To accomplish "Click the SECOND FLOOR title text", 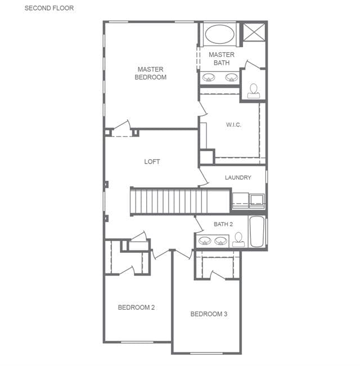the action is pyautogui.click(x=49, y=8).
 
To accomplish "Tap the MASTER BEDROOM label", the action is pyautogui.click(x=151, y=73).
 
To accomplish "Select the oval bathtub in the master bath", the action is pyautogui.click(x=220, y=34).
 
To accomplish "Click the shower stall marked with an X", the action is pyautogui.click(x=254, y=32).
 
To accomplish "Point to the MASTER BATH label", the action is pyautogui.click(x=222, y=59).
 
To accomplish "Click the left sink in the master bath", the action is pyautogui.click(x=209, y=77).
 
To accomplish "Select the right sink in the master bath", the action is pyautogui.click(x=231, y=77).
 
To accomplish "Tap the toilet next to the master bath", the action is pyautogui.click(x=254, y=91).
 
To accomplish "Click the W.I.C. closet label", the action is pyautogui.click(x=233, y=125).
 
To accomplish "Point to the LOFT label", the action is pyautogui.click(x=152, y=161).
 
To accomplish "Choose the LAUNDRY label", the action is pyautogui.click(x=238, y=178).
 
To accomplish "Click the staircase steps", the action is pyautogui.click(x=169, y=201).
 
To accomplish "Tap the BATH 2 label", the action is pyautogui.click(x=223, y=224).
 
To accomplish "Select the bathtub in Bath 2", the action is pyautogui.click(x=257, y=231).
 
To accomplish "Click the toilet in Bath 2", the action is pyautogui.click(x=238, y=240).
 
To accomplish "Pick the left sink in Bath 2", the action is pyautogui.click(x=205, y=241).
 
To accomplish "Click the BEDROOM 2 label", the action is pyautogui.click(x=136, y=308).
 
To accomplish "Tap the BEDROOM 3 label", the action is pyautogui.click(x=209, y=314).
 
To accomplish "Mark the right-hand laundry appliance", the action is pyautogui.click(x=257, y=201).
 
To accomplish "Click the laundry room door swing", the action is pyautogui.click(x=204, y=178).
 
